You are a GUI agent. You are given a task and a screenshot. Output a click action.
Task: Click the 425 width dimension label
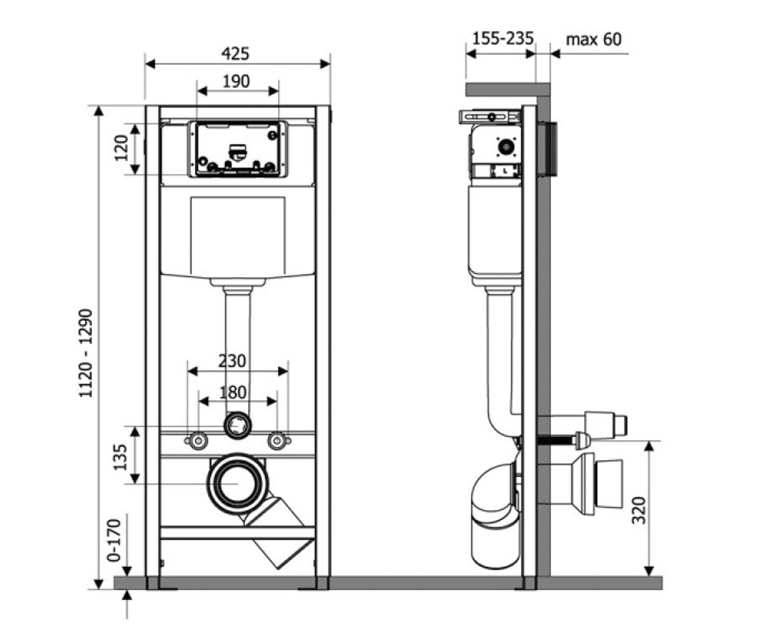(x=235, y=54)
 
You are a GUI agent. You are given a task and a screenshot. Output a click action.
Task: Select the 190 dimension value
(x=236, y=81)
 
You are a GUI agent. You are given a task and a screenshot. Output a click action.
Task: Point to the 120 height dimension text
(x=121, y=148)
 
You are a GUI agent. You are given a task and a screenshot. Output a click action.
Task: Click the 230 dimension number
(x=232, y=361)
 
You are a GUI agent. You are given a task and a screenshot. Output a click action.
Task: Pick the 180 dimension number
(x=233, y=392)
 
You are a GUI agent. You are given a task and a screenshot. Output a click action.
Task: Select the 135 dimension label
(x=120, y=458)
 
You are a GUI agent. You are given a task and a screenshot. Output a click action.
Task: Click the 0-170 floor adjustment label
(x=114, y=540)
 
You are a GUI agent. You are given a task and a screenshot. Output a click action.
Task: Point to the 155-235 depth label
(x=502, y=38)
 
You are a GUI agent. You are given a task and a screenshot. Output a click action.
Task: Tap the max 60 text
(x=594, y=40)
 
